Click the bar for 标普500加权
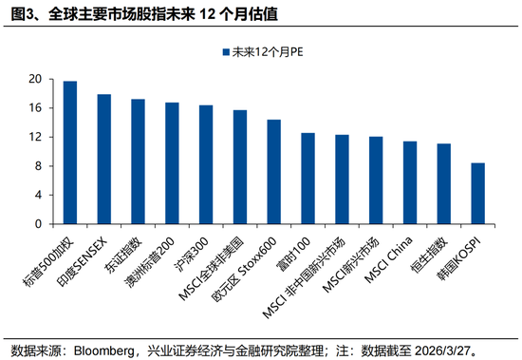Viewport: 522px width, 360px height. pyautogui.click(x=70, y=153)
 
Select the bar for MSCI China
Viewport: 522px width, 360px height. pyautogui.click(x=409, y=182)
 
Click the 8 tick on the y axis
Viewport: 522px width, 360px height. pyautogui.click(x=37, y=166)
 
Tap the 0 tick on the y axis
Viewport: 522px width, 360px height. pyautogui.click(x=37, y=224)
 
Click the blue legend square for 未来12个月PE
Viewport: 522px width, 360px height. pyautogui.click(x=224, y=54)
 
